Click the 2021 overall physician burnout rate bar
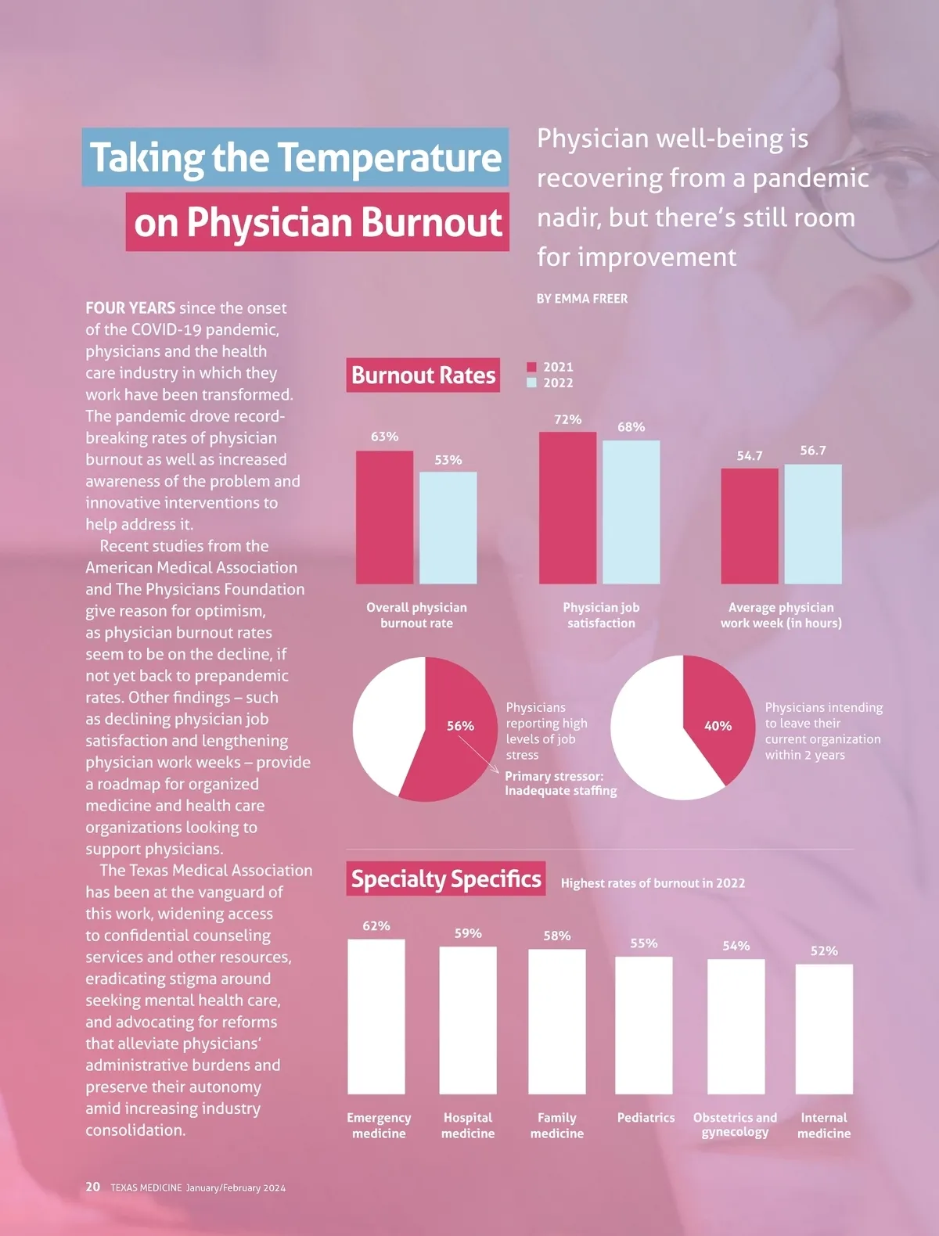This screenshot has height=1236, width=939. [384, 516]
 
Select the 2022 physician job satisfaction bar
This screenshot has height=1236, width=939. [631, 512]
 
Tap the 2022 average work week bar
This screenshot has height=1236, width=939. [813, 523]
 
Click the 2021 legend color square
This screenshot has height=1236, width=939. [532, 367]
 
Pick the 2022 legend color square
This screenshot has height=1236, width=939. [532, 383]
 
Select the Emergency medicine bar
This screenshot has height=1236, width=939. [376, 1016]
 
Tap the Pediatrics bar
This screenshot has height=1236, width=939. [643, 1025]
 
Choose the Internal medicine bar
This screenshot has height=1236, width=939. [824, 1029]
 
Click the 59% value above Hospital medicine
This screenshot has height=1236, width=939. [468, 933]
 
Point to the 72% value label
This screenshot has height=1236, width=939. [567, 419]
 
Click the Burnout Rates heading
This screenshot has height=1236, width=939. [423, 375]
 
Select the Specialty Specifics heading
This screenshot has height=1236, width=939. [446, 879]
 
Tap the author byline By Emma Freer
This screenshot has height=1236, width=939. [582, 299]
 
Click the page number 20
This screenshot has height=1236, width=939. [93, 1187]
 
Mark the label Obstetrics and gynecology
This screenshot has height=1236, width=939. [735, 1125]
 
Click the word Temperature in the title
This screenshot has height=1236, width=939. [389, 157]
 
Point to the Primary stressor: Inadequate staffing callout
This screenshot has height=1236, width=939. [560, 783]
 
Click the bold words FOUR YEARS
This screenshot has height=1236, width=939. [130, 308]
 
